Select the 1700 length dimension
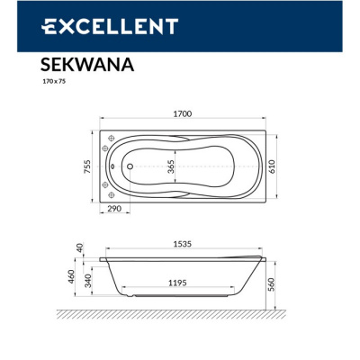tap(183, 114)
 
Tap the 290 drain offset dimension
tap(112, 208)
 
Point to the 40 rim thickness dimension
tap(80, 247)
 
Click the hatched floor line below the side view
tap(180, 315)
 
